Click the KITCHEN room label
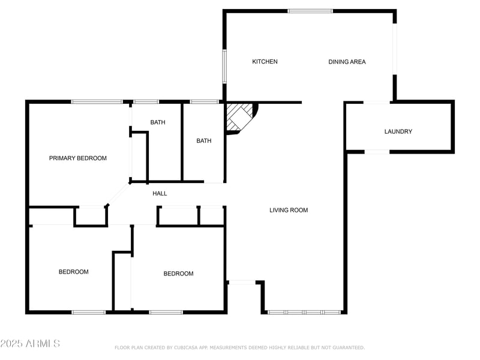265,62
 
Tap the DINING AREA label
347,62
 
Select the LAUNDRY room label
398,131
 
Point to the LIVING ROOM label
289,210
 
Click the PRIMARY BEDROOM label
78,158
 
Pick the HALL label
160,193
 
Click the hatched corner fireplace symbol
239,116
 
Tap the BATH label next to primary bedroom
158,122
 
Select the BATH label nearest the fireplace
204,141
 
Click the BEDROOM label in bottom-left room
73,272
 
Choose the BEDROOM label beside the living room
179,274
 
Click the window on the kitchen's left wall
224,66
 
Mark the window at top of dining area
310,11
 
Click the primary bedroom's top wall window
97,101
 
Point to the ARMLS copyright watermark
30,344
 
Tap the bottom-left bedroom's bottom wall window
89,312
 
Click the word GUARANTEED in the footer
346,347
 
